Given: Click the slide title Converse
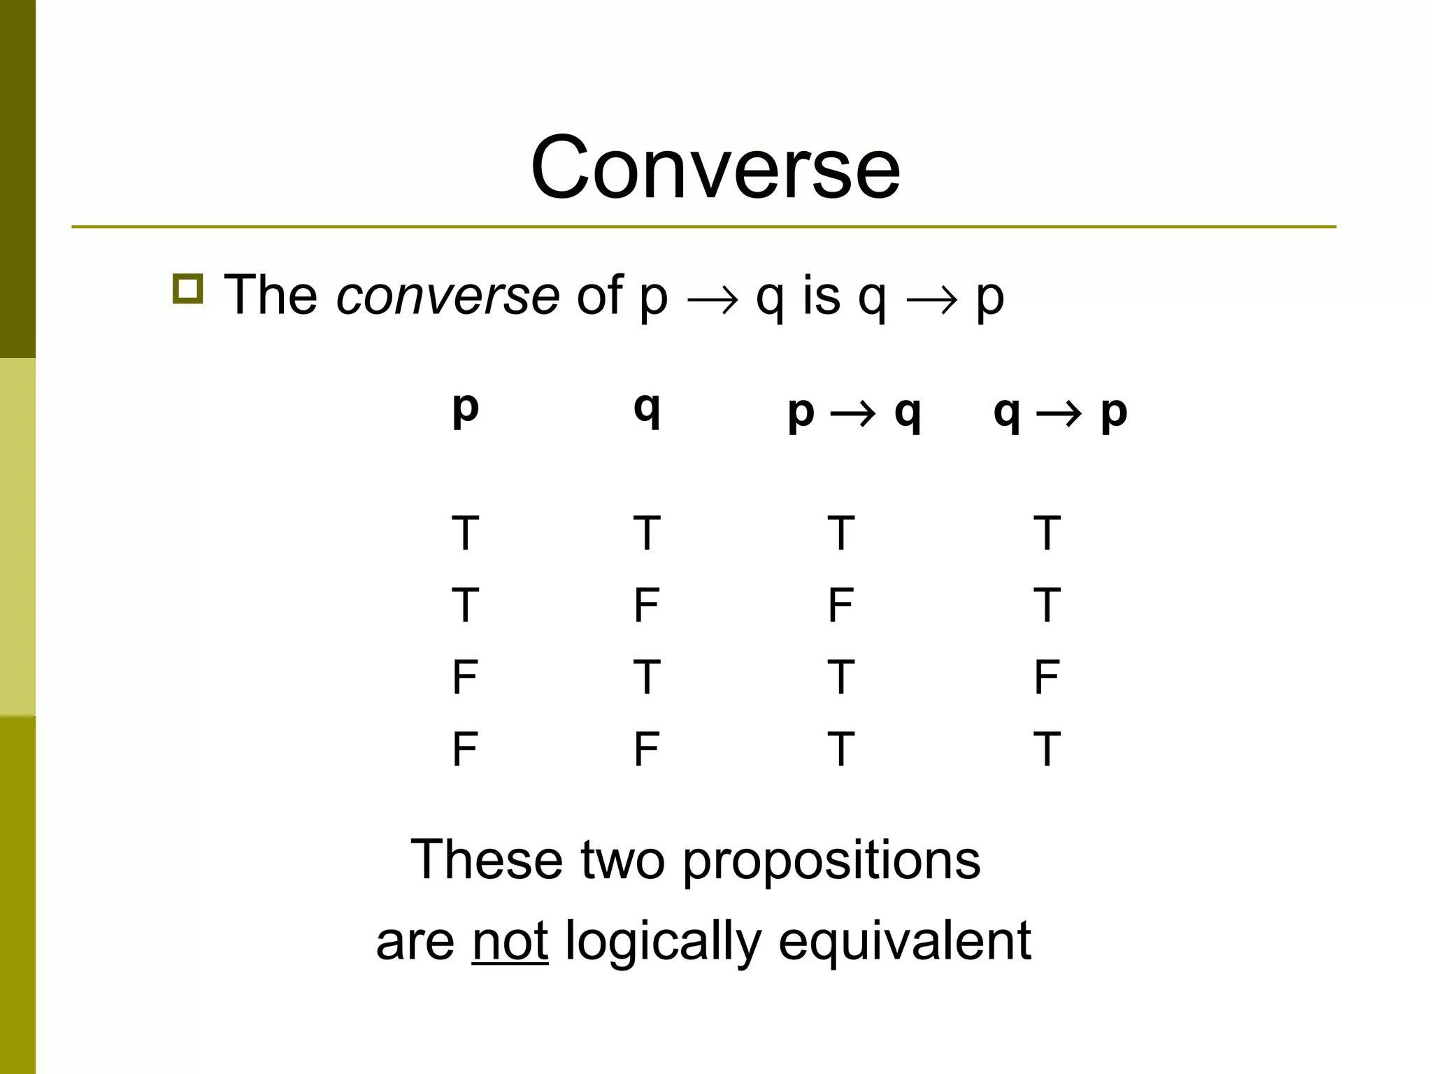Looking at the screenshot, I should point(715,168).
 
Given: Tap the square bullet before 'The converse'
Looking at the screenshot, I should point(187,289).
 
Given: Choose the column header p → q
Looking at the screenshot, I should point(854,413).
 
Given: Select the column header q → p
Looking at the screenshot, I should point(1060,413).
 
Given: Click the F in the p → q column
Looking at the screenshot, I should point(840,606).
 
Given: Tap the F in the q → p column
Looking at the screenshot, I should point(1047,678).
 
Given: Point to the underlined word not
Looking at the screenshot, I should point(510,941).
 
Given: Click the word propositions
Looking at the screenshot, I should point(831,860).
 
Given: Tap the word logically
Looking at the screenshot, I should point(662,941).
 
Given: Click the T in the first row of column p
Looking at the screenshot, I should point(465,534).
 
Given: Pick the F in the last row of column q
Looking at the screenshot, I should point(647,750).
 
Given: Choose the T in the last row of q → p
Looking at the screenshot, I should point(1047,750).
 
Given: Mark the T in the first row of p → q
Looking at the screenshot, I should point(840,534).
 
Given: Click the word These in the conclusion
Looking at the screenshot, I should point(487,860).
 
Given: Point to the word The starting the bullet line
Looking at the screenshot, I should point(271,295).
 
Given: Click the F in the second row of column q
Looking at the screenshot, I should point(647,606).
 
